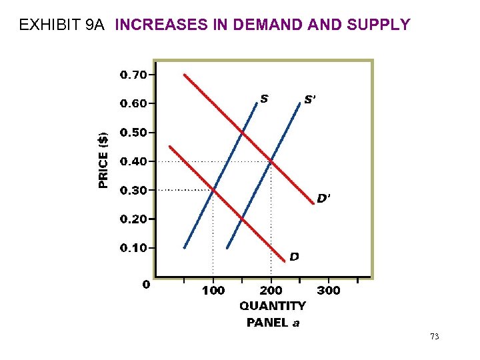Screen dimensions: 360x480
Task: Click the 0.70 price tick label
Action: [x=133, y=75]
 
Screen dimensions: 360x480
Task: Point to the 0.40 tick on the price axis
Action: [x=133, y=161]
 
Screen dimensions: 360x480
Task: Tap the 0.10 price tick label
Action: [x=133, y=248]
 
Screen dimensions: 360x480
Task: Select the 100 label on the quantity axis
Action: [x=213, y=291]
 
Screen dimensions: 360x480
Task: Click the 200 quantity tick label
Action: [x=271, y=291]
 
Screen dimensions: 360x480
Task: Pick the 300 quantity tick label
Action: [x=328, y=291]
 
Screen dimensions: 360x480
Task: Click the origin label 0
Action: [x=145, y=285]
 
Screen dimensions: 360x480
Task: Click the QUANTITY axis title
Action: [x=273, y=306]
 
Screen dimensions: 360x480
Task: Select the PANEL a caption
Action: [x=273, y=323]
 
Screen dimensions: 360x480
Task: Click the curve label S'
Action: [x=311, y=99]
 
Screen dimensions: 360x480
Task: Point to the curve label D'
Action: [x=323, y=198]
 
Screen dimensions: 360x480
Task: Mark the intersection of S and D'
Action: [x=242, y=133]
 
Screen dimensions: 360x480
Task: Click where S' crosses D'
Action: [x=271, y=161]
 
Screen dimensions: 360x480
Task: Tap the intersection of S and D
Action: [x=213, y=190]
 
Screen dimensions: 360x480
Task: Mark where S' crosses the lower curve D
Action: [x=242, y=219]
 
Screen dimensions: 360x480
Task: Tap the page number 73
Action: [x=434, y=337]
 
